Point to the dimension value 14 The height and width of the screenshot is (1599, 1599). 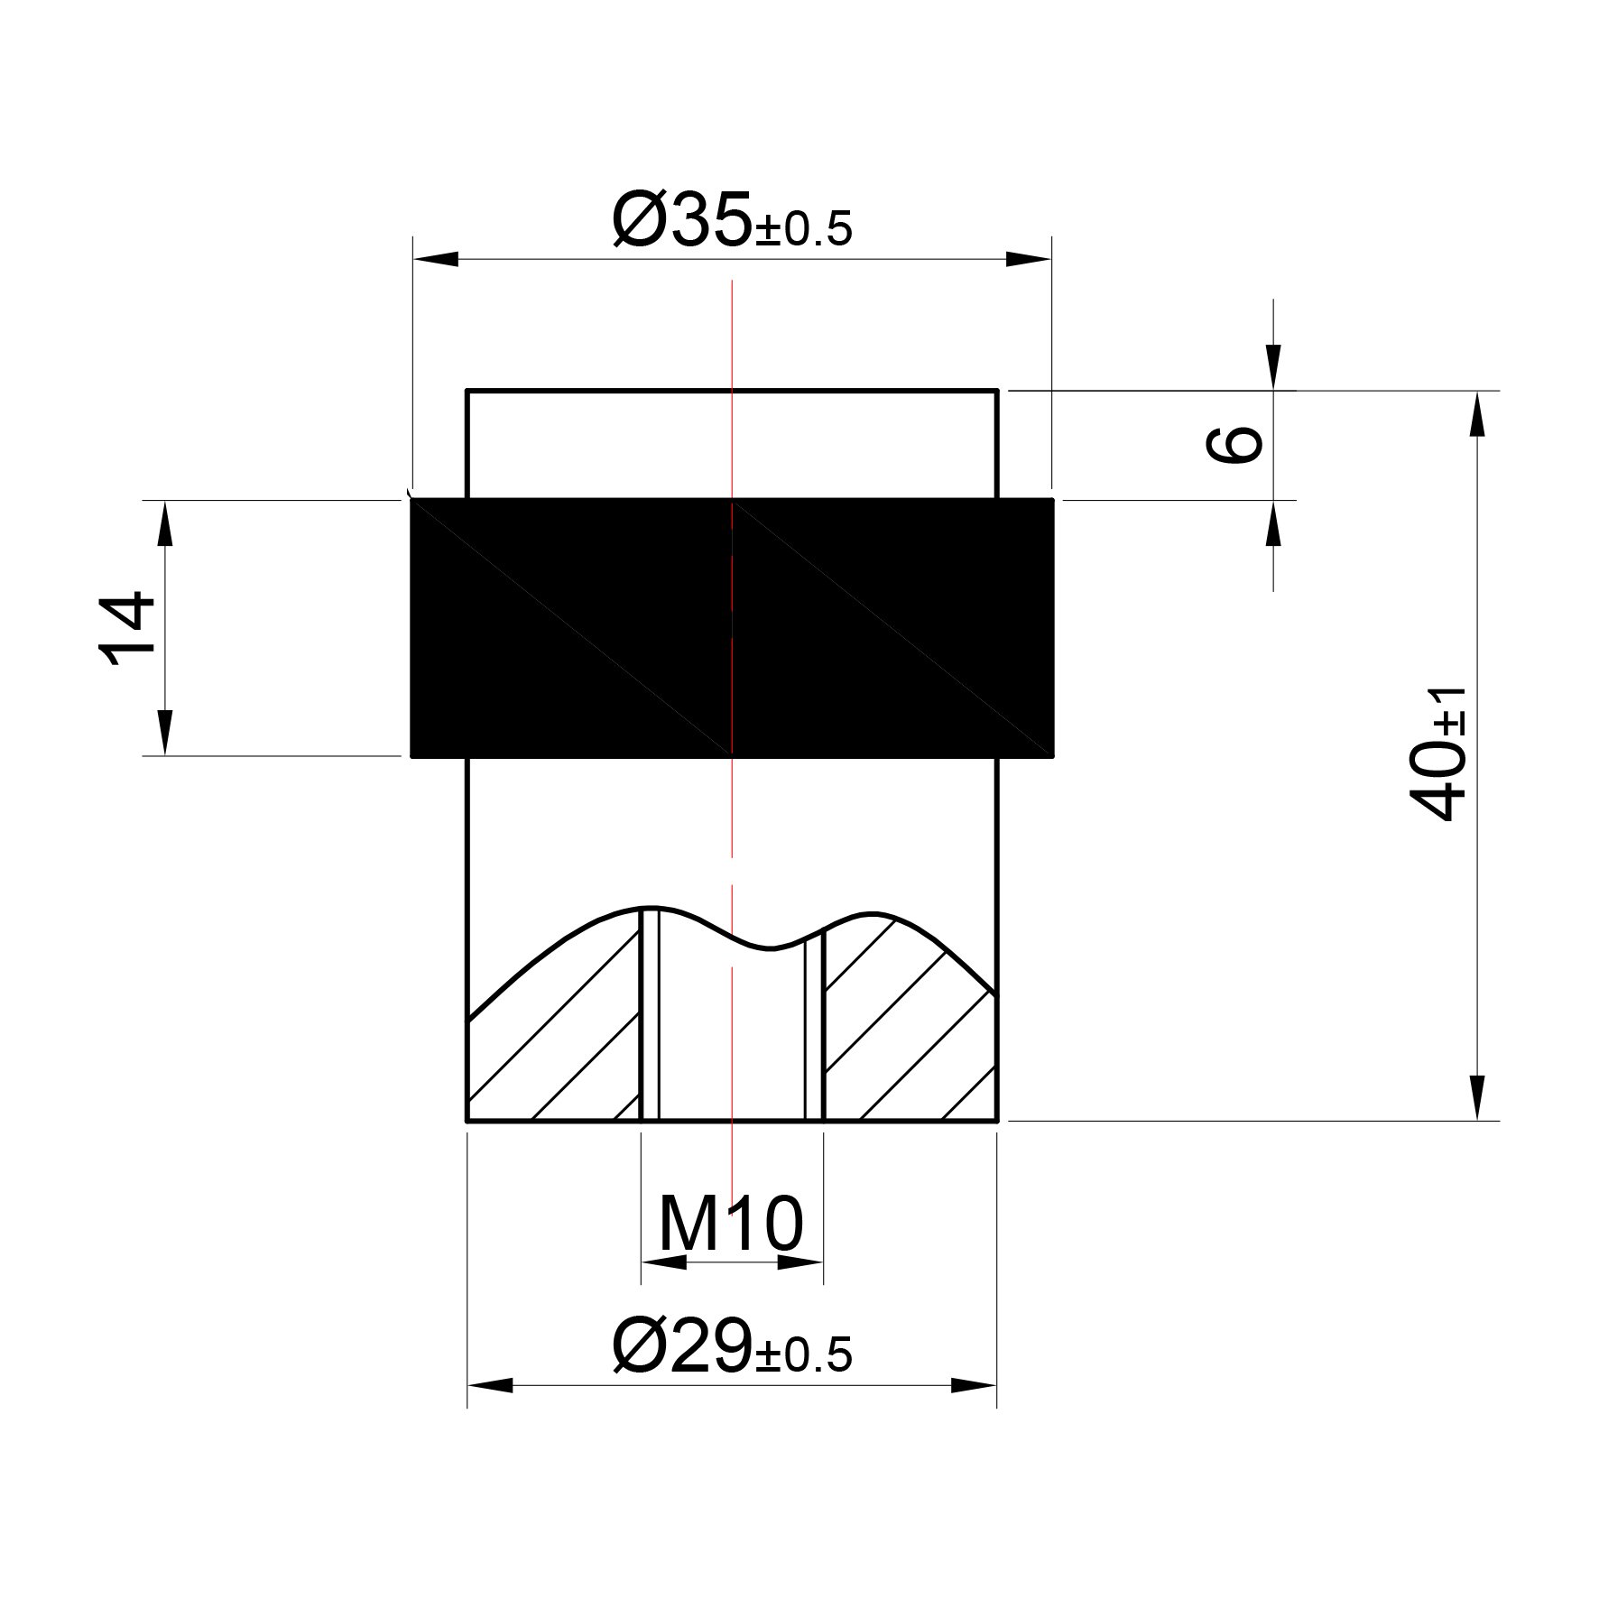tap(125, 628)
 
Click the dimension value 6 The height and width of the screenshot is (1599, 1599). tap(1234, 444)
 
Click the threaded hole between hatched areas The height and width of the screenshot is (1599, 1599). tap(732, 1038)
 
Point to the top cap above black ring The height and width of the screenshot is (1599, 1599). tap(732, 443)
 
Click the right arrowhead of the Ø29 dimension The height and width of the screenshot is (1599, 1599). tap(975, 1410)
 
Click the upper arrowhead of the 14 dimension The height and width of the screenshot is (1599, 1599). tap(165, 523)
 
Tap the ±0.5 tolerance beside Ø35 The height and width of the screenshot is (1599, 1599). tap(803, 231)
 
